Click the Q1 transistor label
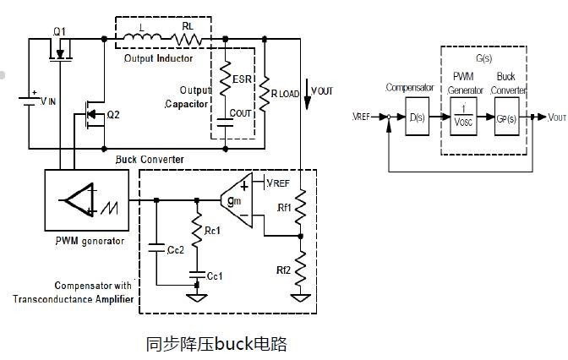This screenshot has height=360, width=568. [59, 31]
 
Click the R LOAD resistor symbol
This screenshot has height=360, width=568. [265, 91]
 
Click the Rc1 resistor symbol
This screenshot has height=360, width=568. [197, 232]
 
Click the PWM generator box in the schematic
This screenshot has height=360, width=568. [86, 200]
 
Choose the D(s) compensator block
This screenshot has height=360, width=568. [417, 117]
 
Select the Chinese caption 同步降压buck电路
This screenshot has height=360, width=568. [217, 343]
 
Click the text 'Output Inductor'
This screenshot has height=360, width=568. [158, 58]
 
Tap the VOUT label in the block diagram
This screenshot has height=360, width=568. [557, 117]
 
